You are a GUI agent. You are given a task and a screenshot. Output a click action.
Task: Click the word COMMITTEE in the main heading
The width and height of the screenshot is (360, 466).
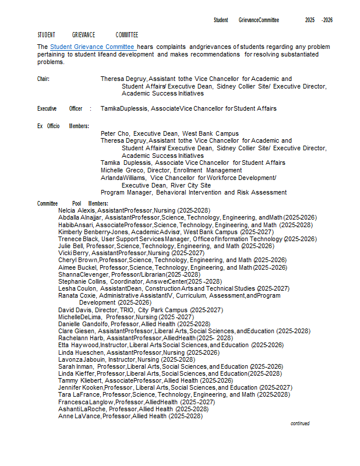click(127, 35)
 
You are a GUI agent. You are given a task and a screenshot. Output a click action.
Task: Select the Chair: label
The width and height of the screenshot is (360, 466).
click(44, 79)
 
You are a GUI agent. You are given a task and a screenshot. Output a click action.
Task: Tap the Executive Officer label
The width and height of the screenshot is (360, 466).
click(60, 108)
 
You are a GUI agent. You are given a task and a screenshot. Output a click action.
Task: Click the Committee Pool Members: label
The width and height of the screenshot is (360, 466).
click(73, 203)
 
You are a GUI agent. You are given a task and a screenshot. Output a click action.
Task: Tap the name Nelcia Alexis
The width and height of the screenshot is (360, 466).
click(77, 210)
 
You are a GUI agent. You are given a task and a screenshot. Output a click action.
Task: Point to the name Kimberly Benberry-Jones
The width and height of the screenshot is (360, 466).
click(89, 232)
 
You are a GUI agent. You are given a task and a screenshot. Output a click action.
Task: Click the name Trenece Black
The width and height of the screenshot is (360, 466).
click(78, 239)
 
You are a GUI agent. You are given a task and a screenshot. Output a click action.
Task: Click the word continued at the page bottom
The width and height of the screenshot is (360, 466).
click(300, 423)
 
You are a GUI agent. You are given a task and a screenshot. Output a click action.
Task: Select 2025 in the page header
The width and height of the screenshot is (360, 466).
click(310, 20)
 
